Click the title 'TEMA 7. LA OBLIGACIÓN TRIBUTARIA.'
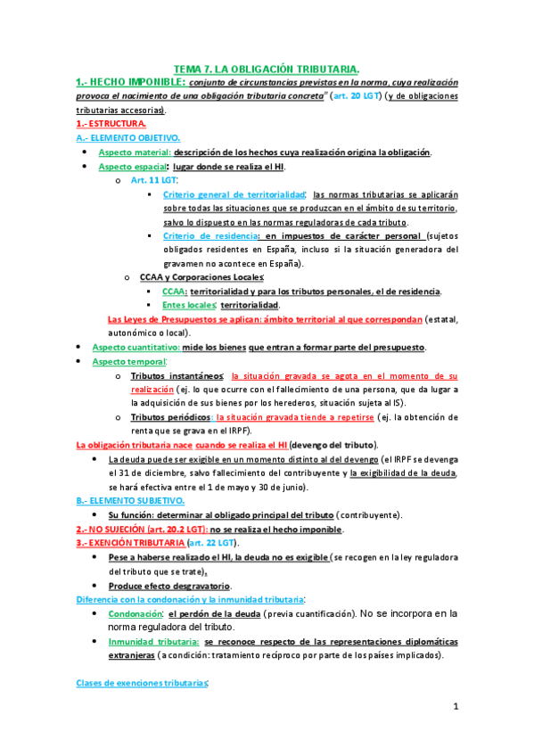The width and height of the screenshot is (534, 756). [267, 69]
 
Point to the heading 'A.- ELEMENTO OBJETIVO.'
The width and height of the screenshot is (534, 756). [128, 138]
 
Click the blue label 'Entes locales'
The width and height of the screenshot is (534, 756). [191, 305]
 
